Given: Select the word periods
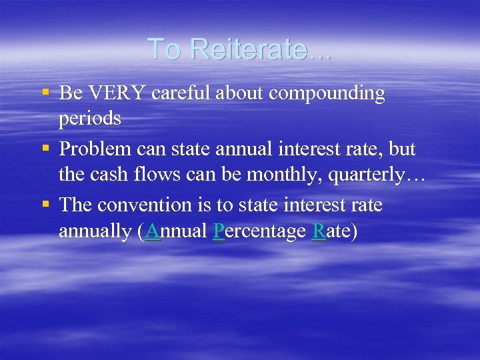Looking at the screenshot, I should coord(89,119).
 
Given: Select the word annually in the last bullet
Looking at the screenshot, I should coord(95,232).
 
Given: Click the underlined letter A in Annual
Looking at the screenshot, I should coord(152,231).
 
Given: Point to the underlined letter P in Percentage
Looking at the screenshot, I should coord(218,231).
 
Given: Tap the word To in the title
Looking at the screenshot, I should coord(163,49).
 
